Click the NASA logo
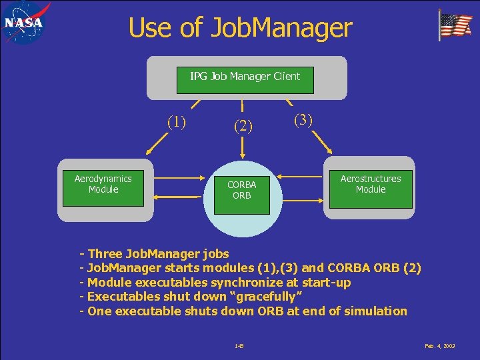tap(24, 23)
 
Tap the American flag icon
tap(455, 25)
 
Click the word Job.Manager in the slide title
tap(281, 28)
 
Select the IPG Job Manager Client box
tap(245, 77)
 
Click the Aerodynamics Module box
tap(103, 184)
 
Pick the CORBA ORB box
tap(241, 190)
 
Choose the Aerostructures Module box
tap(370, 184)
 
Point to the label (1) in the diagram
tap(176, 122)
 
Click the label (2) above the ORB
tap(242, 125)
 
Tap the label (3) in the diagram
tap(303, 120)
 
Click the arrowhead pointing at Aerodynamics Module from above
tap(150, 150)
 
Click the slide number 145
tap(239, 345)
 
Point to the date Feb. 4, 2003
tap(440, 345)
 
